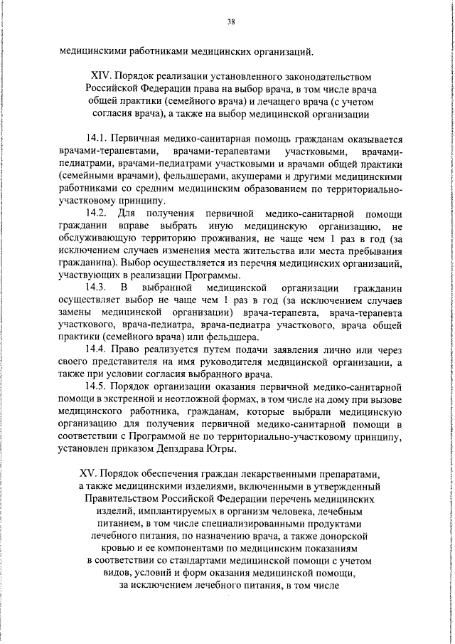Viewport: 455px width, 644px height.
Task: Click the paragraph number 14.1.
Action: (x=97, y=139)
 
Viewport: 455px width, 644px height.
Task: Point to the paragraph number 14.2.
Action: (x=97, y=214)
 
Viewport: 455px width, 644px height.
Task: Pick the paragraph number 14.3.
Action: (x=97, y=287)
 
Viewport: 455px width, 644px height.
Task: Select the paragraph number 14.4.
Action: (x=97, y=349)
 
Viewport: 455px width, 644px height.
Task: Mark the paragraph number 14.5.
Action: (x=97, y=386)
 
